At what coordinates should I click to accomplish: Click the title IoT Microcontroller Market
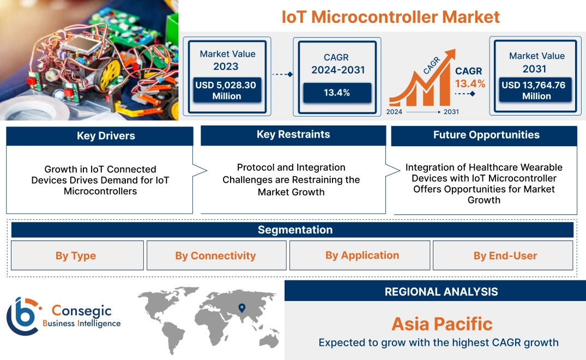pyautogui.click(x=390, y=16)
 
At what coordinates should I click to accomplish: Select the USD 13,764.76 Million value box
pyautogui.click(x=536, y=91)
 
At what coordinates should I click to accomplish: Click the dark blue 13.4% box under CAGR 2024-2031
pyautogui.click(x=337, y=93)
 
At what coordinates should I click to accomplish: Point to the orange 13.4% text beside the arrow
pyautogui.click(x=470, y=84)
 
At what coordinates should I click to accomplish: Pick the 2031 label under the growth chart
pyautogui.click(x=451, y=111)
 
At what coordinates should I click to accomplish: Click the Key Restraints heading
pyautogui.click(x=293, y=135)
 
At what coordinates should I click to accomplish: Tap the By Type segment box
pyautogui.click(x=76, y=256)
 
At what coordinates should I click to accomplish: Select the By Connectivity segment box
pyautogui.click(x=215, y=256)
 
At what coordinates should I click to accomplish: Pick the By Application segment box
pyautogui.click(x=362, y=255)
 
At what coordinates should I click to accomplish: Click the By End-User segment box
pyautogui.click(x=505, y=256)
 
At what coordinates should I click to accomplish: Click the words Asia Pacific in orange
pyautogui.click(x=442, y=324)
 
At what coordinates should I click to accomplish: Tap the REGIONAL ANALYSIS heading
pyautogui.click(x=441, y=292)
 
